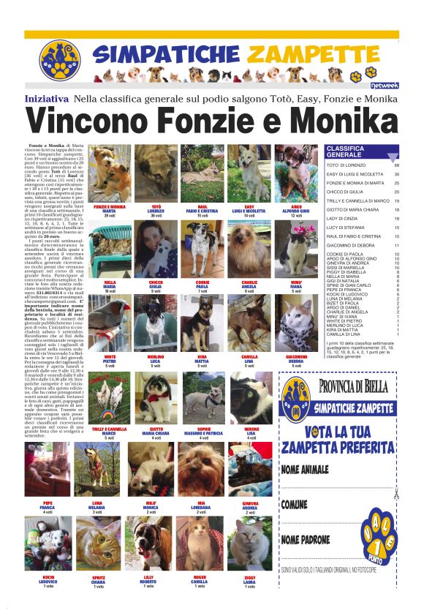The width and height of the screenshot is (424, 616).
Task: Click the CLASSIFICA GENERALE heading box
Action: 360,152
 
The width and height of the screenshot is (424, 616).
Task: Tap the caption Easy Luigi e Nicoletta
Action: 249,212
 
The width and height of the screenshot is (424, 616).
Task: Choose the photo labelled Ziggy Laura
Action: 249,543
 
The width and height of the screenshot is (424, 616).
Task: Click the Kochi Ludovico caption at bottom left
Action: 48,583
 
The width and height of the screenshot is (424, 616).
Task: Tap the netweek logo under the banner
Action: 387,86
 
